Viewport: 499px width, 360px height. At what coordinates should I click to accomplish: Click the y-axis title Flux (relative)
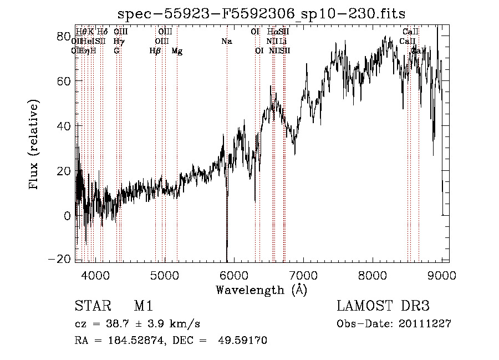pyautogui.click(x=35, y=145)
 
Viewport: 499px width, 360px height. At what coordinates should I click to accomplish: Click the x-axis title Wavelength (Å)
pyautogui.click(x=261, y=290)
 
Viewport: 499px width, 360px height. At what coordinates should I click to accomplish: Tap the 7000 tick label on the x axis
pyautogui.click(x=303, y=275)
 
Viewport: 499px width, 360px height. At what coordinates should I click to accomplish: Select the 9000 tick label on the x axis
pyautogui.click(x=441, y=275)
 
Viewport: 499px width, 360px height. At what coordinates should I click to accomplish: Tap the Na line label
pyautogui.click(x=226, y=42)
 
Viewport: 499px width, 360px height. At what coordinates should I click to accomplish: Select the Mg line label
pyautogui.click(x=177, y=51)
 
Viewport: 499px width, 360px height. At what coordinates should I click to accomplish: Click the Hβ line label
pyautogui.click(x=155, y=51)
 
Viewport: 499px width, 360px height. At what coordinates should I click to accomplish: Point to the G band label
pyautogui.click(x=116, y=51)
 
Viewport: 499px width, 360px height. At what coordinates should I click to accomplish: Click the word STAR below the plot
pyautogui.click(x=92, y=306)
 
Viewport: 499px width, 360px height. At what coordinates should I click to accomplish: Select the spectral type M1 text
pyautogui.click(x=143, y=306)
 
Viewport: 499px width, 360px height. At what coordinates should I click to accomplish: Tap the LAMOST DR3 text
pyautogui.click(x=383, y=306)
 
